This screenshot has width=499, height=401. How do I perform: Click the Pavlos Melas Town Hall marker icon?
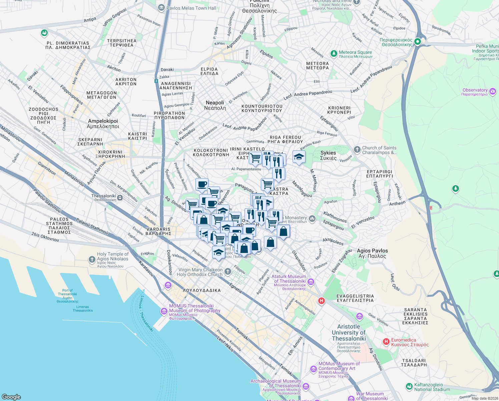(x=161, y=8)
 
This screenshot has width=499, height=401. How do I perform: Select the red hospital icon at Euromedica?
(x=386, y=342)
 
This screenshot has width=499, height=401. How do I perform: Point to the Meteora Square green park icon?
(x=334, y=53)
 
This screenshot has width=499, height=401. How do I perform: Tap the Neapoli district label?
(x=215, y=105)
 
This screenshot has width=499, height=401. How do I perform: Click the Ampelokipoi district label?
(x=103, y=124)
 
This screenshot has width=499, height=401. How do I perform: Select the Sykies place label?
(x=328, y=155)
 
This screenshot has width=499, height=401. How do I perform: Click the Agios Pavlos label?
(x=372, y=253)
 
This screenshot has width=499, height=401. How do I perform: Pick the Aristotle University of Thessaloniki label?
(x=349, y=332)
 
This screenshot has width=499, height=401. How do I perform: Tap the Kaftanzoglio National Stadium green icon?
(x=409, y=387)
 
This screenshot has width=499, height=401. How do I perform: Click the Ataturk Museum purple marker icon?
(x=311, y=282)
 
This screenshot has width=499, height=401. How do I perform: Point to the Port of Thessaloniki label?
(x=67, y=296)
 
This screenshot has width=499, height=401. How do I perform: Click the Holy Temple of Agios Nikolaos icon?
(x=92, y=259)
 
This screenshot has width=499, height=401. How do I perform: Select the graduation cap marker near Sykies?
(x=299, y=157)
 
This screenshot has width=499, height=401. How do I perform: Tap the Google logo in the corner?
(x=11, y=397)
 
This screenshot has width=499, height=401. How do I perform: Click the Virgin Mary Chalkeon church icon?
(x=228, y=272)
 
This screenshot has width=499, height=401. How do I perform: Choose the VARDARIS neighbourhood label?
(x=158, y=231)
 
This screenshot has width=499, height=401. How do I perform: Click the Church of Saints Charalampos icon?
(x=357, y=150)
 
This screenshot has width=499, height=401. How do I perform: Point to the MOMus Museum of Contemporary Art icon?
(x=313, y=369)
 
